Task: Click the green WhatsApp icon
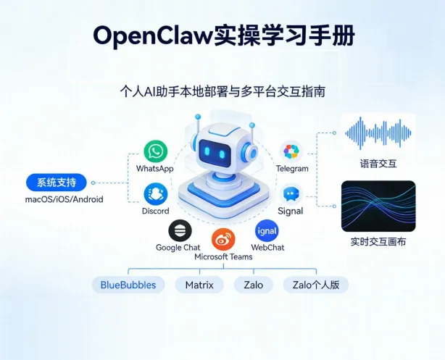[x=155, y=151]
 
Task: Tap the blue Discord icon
[x=155, y=193]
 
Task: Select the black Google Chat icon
[x=178, y=231]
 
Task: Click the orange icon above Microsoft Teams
[x=222, y=238]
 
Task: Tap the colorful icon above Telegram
[x=291, y=151]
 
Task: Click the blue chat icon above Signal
[x=291, y=194]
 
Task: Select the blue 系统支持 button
[x=62, y=182]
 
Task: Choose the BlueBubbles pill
[x=128, y=285]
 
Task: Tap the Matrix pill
[x=199, y=285]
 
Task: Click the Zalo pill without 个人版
[x=254, y=285]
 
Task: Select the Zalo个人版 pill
[x=315, y=285]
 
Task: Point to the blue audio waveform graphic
[x=378, y=133]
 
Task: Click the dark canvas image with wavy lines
[x=378, y=205]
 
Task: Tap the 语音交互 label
[x=378, y=163]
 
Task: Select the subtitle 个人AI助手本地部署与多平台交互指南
[x=222, y=92]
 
